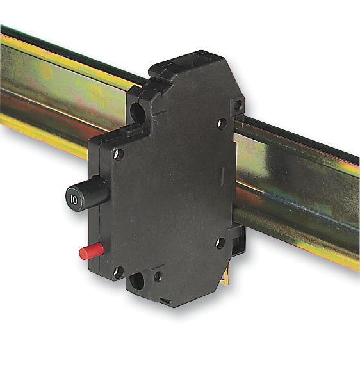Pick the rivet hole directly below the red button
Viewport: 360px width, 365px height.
click(x=117, y=272)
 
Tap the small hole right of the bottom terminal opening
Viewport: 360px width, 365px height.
click(x=157, y=277)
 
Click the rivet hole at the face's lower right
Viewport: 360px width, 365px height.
click(x=220, y=243)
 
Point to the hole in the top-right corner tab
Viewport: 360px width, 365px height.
click(x=238, y=102)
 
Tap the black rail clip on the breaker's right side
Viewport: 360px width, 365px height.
click(x=236, y=240)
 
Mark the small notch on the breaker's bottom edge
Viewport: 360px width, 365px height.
click(x=165, y=300)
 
